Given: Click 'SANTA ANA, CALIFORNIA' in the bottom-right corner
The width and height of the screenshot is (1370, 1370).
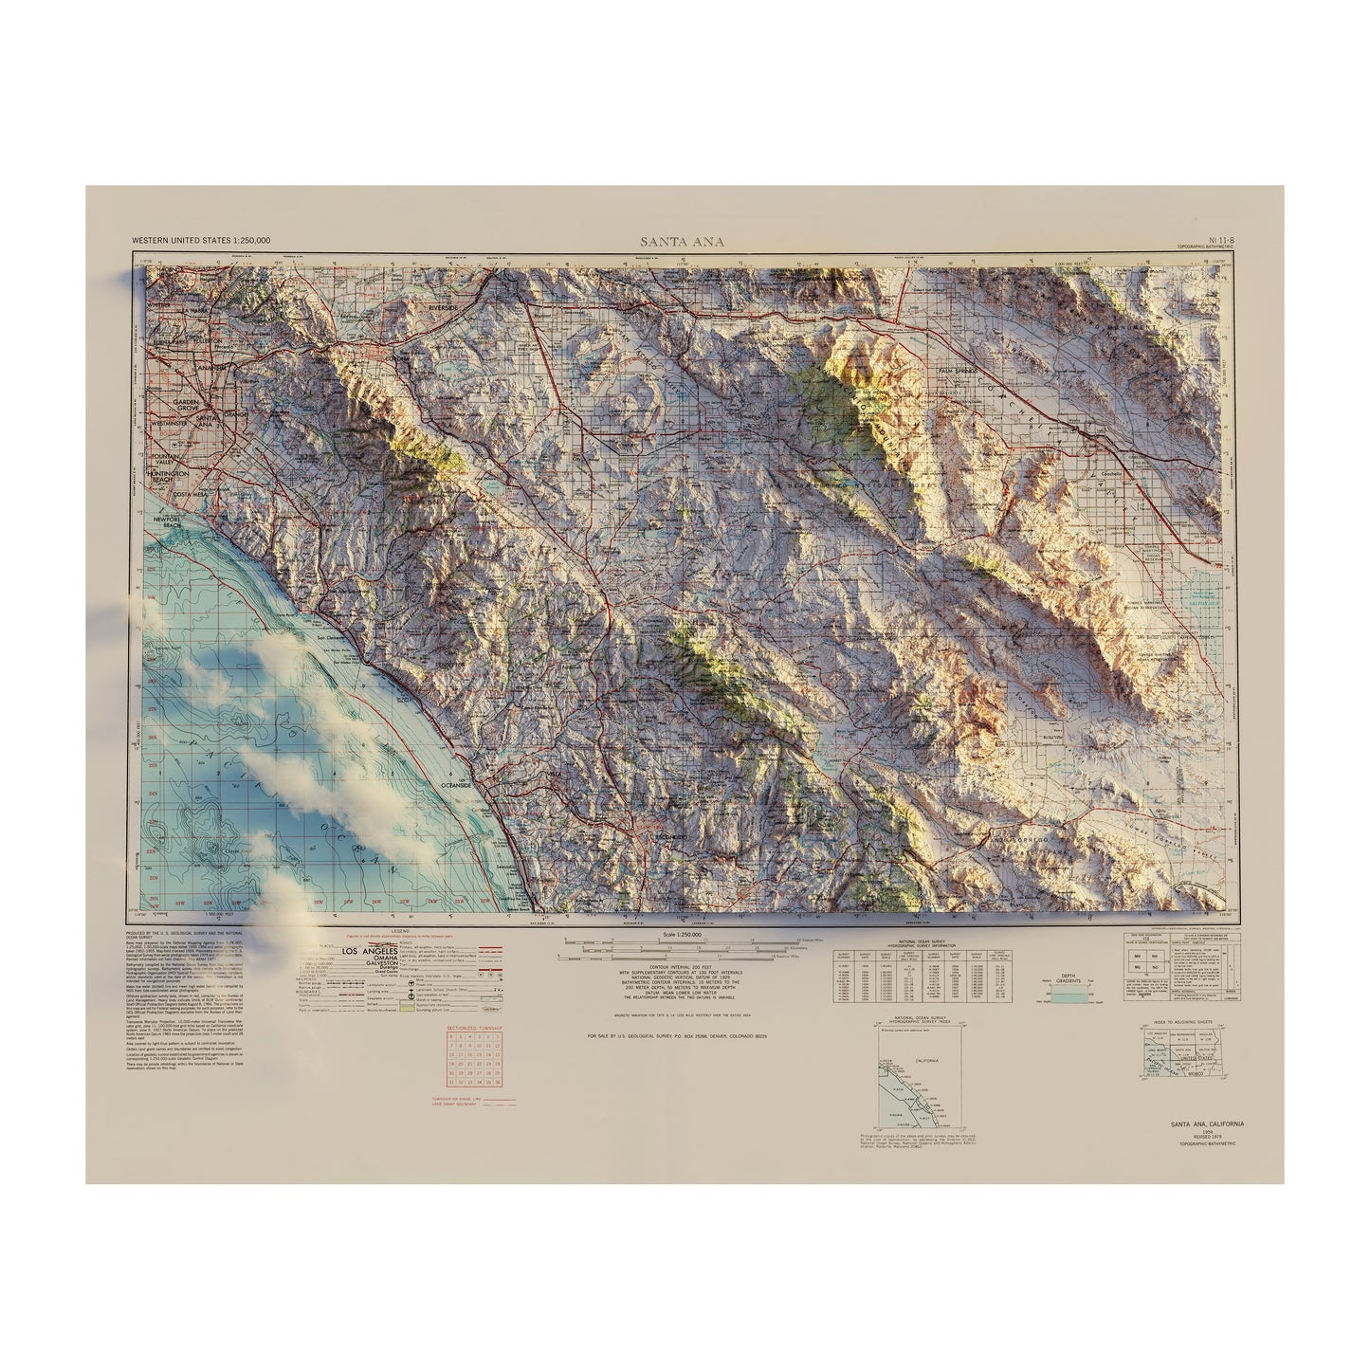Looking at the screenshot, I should pyautogui.click(x=1207, y=1123).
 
